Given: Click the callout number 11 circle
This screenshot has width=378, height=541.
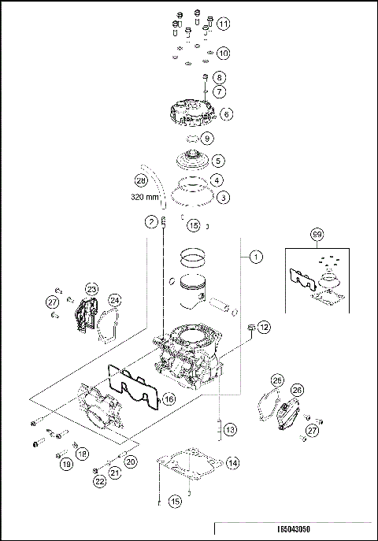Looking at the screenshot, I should (224, 24).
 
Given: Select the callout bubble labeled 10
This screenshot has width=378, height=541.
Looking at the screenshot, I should (223, 54).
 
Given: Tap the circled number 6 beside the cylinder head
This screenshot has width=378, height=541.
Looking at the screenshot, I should (226, 114).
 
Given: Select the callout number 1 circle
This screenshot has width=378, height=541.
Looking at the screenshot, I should (254, 257).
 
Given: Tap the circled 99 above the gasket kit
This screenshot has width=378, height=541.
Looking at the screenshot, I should (317, 235).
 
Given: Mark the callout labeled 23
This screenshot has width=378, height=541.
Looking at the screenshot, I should (91, 290).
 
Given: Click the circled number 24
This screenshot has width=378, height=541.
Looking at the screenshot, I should (115, 299).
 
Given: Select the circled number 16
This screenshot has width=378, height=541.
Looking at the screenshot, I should (168, 399).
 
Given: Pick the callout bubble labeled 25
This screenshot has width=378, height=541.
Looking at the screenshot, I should (276, 380).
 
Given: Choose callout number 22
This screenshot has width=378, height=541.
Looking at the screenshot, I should (99, 480).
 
